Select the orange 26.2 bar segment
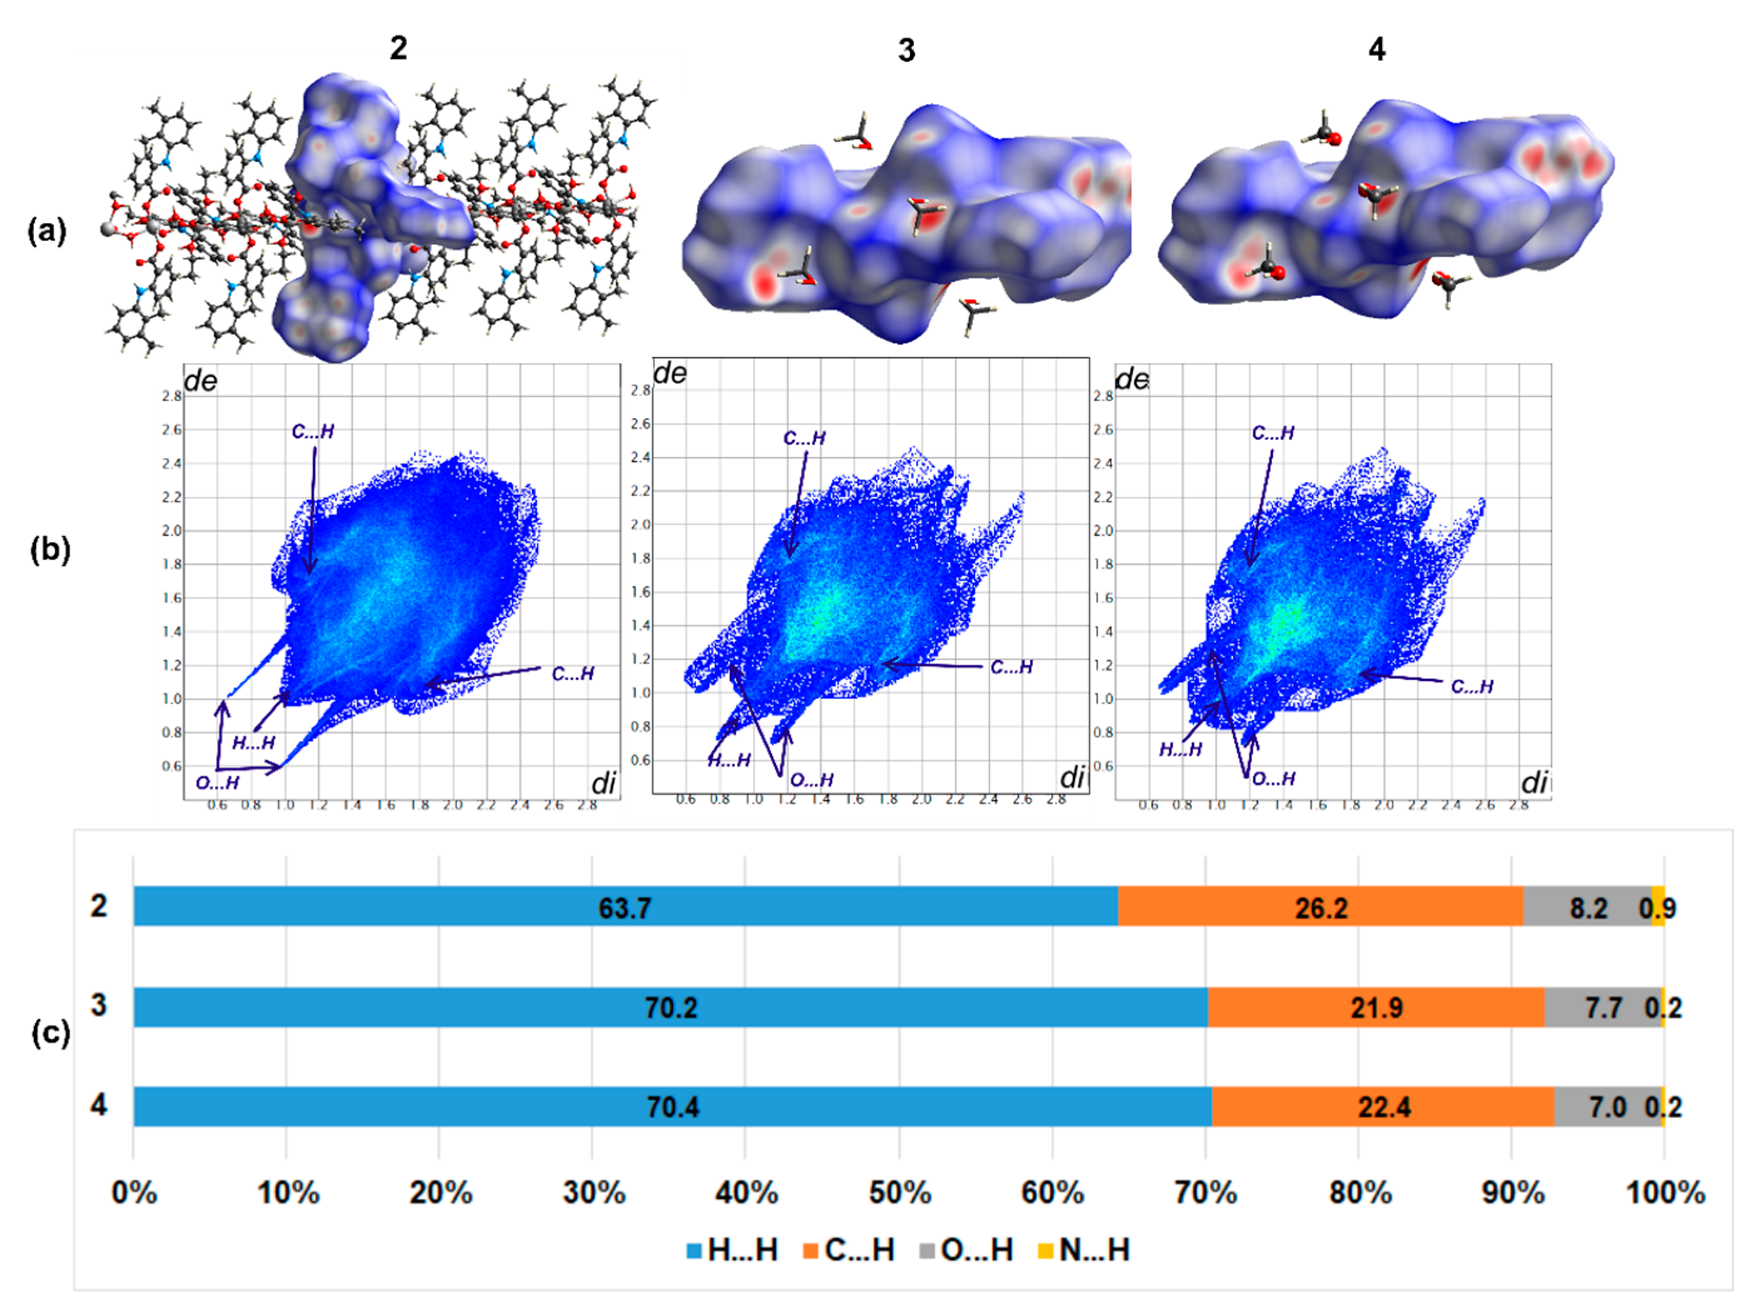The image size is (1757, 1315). [1320, 908]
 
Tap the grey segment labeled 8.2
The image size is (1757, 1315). [1587, 908]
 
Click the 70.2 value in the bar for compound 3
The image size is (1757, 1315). [670, 1008]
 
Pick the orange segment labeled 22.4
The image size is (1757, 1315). [1383, 1107]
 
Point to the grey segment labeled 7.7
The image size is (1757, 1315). [1603, 1008]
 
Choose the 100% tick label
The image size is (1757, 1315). [1665, 1193]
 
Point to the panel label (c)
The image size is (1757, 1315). [50, 1032]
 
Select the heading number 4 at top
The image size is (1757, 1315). [1377, 49]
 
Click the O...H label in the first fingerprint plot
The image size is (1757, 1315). [217, 783]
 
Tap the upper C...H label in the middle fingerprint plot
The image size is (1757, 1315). [804, 438]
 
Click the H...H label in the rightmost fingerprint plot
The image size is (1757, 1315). [1180, 749]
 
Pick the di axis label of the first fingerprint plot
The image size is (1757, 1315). [604, 783]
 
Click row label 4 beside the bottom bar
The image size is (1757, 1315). [98, 1105]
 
